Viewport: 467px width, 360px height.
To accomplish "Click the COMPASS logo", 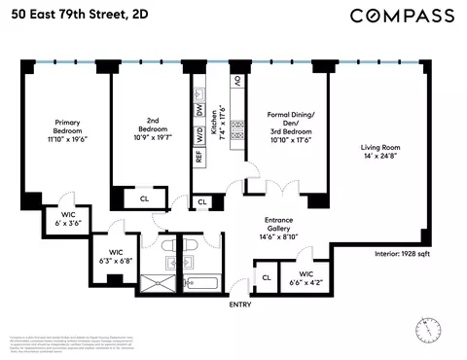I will click(402, 15).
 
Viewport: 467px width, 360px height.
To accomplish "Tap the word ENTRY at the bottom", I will click(239, 305).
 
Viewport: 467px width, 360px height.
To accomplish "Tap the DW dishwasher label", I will click(199, 112).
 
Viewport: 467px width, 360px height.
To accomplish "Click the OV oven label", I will click(235, 82).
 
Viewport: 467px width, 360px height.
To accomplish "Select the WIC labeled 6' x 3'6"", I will click(68, 218).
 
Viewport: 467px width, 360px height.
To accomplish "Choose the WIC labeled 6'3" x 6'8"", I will click(115, 255).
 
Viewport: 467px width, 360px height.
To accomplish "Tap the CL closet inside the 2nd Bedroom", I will click(144, 198).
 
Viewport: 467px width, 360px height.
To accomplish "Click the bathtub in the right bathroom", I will click(205, 284).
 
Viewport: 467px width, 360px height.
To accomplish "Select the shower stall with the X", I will click(157, 283).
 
